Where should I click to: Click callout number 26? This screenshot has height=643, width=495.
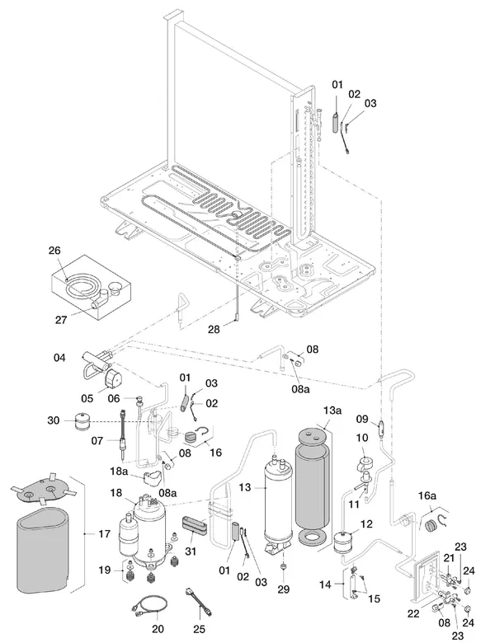pyautogui.click(x=54, y=250)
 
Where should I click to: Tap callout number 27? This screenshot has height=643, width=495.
pyautogui.click(x=61, y=320)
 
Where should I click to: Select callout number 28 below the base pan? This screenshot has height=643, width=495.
pyautogui.click(x=214, y=329)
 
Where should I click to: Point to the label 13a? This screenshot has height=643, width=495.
pyautogui.click(x=332, y=410)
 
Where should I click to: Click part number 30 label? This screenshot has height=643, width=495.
pyautogui.click(x=54, y=420)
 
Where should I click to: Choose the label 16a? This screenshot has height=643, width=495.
pyautogui.click(x=427, y=495)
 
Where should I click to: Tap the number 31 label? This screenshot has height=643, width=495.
pyautogui.click(x=191, y=551)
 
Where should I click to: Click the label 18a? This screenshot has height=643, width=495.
pyautogui.click(x=119, y=472)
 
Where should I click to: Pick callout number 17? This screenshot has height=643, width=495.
pyautogui.click(x=104, y=533)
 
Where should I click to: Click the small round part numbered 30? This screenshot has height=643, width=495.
pyautogui.click(x=82, y=420)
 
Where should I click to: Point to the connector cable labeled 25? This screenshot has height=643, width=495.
pyautogui.click(x=200, y=603)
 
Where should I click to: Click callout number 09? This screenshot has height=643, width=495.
pyautogui.click(x=362, y=419)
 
